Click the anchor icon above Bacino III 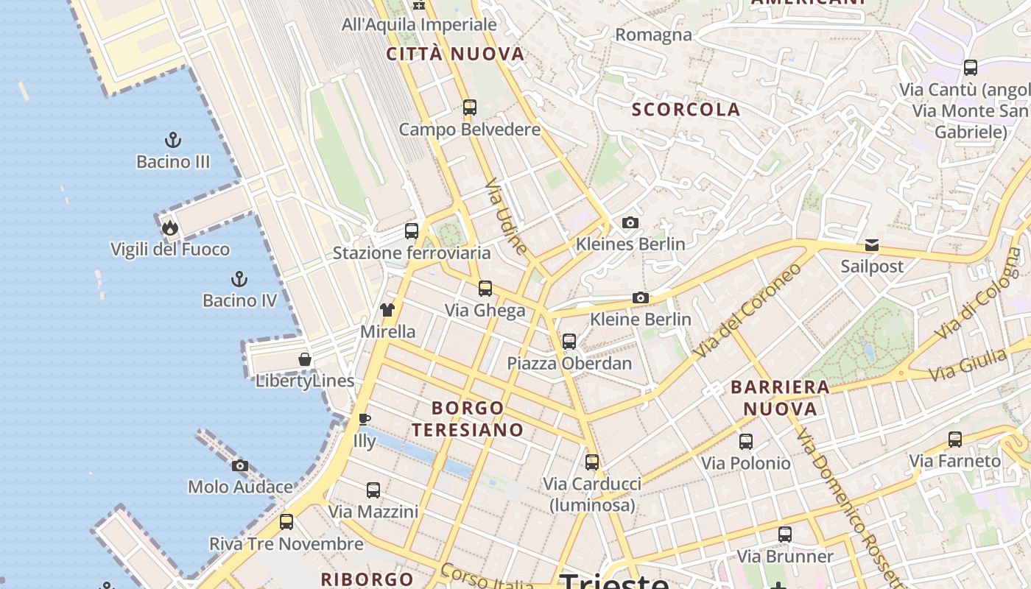[x=173, y=140]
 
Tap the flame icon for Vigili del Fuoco [x=170, y=228]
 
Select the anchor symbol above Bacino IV [x=239, y=279]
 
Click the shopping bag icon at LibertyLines [x=305, y=359]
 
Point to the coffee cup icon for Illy [x=364, y=419]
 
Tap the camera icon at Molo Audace [x=240, y=465]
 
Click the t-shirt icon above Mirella [x=387, y=310]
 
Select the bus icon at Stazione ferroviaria [x=412, y=231]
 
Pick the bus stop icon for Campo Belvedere [x=470, y=107]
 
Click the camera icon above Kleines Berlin [x=630, y=222]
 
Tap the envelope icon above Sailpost [x=872, y=245]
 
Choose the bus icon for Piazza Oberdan [x=569, y=342]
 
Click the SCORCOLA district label [x=686, y=110]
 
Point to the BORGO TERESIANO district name [x=468, y=418]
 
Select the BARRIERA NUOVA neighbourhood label [x=780, y=398]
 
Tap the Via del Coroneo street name [x=747, y=311]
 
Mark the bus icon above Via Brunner [x=785, y=535]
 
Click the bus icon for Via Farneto [x=955, y=440]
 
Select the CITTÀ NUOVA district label [x=455, y=54]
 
